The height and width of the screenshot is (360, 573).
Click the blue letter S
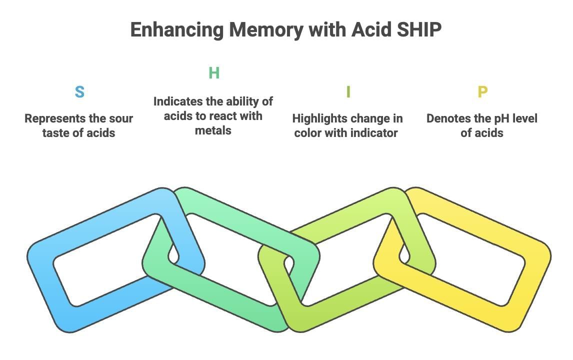pyautogui.click(x=79, y=92)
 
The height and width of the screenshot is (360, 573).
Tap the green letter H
pyautogui.click(x=214, y=73)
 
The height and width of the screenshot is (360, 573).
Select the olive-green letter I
pyautogui.click(x=348, y=92)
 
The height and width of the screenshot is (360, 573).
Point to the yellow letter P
pyautogui.click(x=482, y=92)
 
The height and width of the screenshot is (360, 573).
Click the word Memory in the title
pyautogui.click(x=266, y=30)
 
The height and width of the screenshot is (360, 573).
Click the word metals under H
pyautogui.click(x=213, y=130)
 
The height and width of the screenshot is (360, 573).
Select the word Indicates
pyautogui.click(x=178, y=101)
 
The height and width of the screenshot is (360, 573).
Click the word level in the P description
pyautogui.click(x=522, y=119)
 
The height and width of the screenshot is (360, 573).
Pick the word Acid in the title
pyautogui.click(x=366, y=30)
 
